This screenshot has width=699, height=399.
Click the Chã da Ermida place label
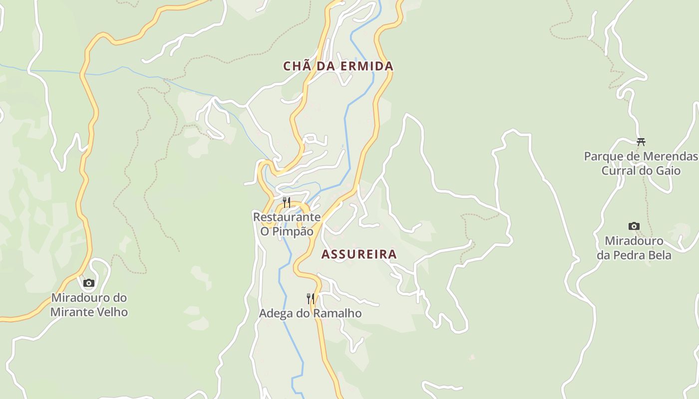(338, 66)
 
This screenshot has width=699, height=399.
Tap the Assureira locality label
(359, 254)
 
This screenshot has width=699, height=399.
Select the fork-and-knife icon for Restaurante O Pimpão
(287, 202)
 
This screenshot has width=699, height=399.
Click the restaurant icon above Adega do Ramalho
(311, 298)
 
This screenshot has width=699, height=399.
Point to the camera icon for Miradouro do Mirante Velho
(89, 283)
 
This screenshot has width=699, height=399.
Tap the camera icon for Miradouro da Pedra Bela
(634, 226)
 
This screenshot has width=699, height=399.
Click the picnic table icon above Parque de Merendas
(641, 142)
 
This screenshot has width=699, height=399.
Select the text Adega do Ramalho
(310, 313)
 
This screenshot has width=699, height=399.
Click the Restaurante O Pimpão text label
(287, 224)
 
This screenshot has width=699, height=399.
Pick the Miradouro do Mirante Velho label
(89, 305)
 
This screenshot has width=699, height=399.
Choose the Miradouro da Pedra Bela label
(634, 248)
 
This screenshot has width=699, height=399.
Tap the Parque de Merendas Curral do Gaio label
(641, 164)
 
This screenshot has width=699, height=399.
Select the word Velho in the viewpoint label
(114, 312)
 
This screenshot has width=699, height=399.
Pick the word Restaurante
(287, 217)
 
